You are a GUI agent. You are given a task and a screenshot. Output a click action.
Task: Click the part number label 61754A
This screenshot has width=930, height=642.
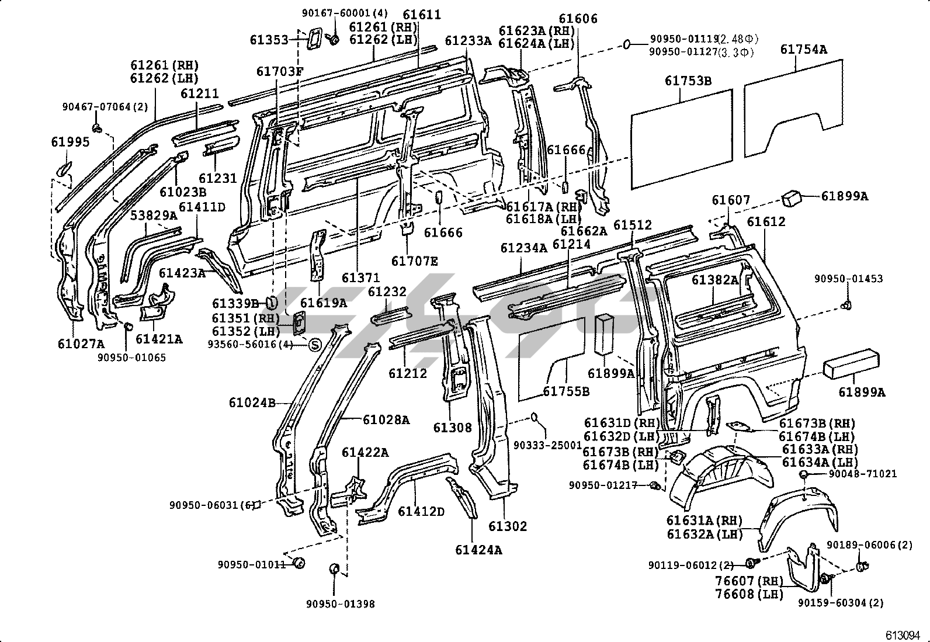click(804, 50)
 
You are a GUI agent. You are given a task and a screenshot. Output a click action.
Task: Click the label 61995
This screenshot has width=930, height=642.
click(70, 142)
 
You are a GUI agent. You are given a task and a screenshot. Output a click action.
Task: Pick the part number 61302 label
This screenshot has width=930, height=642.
click(507, 526)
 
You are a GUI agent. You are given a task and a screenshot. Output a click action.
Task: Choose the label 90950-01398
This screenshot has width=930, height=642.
click(341, 604)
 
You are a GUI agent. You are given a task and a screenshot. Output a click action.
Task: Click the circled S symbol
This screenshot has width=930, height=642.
click(315, 344)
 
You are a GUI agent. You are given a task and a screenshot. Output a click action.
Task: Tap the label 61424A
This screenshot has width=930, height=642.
click(478, 550)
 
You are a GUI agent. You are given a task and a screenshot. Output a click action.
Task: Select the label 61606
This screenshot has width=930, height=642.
click(578, 19)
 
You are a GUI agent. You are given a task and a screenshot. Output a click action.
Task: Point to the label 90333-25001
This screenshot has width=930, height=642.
click(547, 445)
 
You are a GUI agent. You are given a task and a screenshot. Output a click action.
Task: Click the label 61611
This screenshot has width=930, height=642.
click(422, 15)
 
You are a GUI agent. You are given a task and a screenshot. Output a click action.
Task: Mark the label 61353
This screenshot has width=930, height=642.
click(269, 40)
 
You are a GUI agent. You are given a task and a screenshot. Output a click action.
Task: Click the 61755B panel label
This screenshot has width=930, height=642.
click(566, 391)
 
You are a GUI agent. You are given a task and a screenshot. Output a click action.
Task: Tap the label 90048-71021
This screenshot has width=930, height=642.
click(863, 474)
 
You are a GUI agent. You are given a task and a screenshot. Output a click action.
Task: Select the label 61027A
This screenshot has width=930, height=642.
click(81, 344)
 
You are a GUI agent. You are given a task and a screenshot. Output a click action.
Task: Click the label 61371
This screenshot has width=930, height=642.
click(361, 277)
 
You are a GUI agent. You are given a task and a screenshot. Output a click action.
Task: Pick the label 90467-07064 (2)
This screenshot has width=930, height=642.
click(105, 107)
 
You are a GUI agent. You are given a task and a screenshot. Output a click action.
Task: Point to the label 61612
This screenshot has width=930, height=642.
click(766, 222)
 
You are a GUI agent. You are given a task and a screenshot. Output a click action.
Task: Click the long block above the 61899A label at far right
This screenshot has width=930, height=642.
click(851, 364)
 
